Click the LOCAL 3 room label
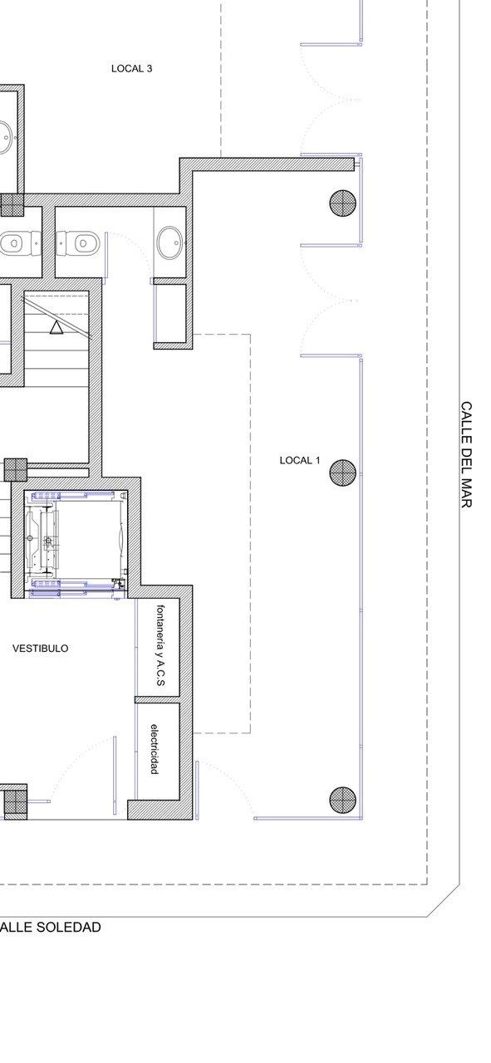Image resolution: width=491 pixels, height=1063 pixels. (x=131, y=69)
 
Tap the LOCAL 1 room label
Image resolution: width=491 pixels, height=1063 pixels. (x=300, y=460)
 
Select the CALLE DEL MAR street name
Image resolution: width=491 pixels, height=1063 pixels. (x=466, y=455)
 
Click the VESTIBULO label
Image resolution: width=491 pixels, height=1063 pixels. (x=41, y=649)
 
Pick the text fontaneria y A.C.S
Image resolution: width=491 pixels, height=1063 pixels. (x=160, y=645)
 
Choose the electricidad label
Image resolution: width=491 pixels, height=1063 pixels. (x=154, y=748)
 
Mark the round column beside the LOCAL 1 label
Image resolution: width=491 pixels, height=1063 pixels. (x=342, y=473)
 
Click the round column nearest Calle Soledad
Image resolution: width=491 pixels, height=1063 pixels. (x=342, y=799)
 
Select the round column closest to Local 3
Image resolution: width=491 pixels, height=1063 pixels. (x=342, y=203)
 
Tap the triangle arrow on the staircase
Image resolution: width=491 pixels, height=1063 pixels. (x=56, y=327)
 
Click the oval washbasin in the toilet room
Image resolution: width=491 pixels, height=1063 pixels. (x=169, y=242)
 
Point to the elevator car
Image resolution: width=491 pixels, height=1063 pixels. (x=76, y=542)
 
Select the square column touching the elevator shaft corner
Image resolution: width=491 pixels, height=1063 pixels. (x=15, y=469)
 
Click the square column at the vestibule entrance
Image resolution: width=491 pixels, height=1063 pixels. (x=15, y=801)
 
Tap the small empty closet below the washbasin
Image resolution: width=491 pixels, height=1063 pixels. (x=169, y=313)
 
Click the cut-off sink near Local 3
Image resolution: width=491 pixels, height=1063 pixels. (x=6, y=138)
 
